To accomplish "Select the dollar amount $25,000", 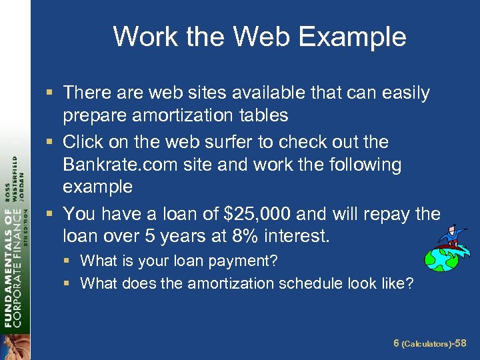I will pos(257,214).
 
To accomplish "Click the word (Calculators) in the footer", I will pos(427,343).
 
